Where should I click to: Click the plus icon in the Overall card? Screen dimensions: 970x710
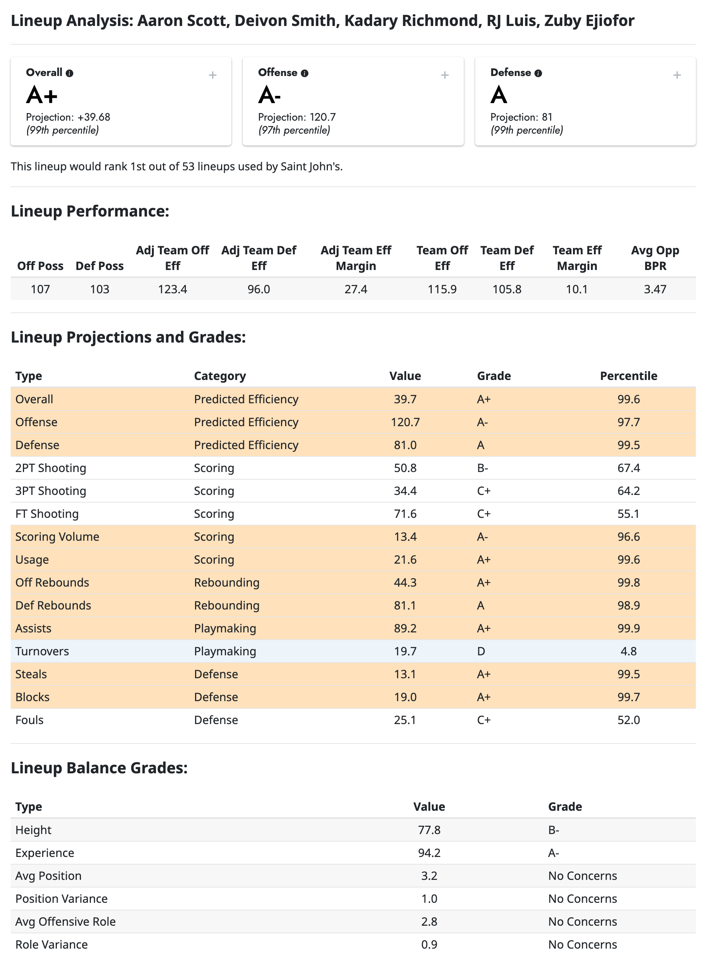[212, 75]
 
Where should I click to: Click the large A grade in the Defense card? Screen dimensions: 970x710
[499, 95]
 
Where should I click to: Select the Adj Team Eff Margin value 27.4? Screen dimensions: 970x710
[355, 289]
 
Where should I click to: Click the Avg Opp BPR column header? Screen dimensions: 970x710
[655, 258]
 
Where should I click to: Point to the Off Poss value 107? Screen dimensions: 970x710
[40, 289]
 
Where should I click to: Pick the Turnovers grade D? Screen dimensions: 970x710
[481, 651]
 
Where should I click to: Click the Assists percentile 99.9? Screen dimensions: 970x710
[628, 628]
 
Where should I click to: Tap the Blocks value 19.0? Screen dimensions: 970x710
[405, 697]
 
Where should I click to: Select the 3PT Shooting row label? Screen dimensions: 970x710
[51, 491]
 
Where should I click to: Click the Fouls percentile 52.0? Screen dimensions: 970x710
[628, 720]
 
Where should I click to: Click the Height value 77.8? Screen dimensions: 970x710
[429, 830]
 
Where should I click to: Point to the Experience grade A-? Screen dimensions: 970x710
[553, 853]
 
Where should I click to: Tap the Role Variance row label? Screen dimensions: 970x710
[52, 944]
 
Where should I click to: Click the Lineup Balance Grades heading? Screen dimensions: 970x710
[99, 768]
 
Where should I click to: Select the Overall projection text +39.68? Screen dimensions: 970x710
[94, 117]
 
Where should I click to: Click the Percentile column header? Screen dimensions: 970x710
[628, 376]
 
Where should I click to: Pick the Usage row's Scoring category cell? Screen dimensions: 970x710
[214, 559]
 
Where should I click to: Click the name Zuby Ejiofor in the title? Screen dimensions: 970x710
[589, 21]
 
